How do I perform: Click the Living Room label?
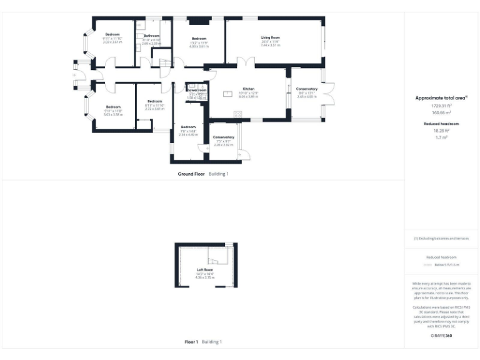coord(270,38)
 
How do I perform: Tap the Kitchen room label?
coord(248,89)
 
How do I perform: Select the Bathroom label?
coord(151,36)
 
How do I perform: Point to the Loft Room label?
coord(204,270)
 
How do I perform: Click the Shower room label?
coord(196,90)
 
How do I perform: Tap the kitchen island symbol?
coord(227,95)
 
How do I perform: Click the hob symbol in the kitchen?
coord(237,113)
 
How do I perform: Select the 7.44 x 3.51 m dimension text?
coord(270,46)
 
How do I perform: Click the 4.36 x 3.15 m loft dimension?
coord(204,277)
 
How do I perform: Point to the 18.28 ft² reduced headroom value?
coord(441,131)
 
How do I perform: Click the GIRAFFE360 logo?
coord(441,336)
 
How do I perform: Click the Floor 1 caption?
coord(191,342)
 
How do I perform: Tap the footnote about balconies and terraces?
coord(441,239)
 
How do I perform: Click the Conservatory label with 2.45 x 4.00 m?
coord(307,89)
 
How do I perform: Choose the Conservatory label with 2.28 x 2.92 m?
coord(223,137)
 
